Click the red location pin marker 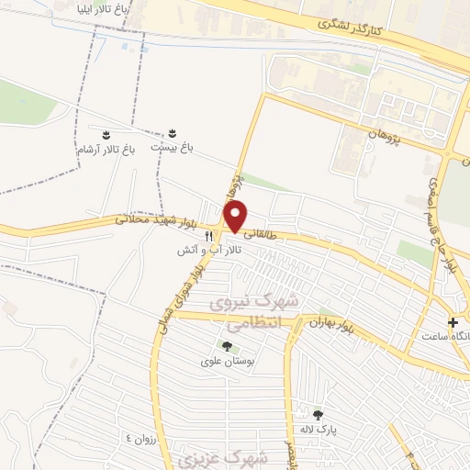coord(237,215)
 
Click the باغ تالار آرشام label coord(105,149)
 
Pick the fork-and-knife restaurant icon coord(209,236)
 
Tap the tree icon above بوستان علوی coord(227,346)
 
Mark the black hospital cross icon coord(453,322)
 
